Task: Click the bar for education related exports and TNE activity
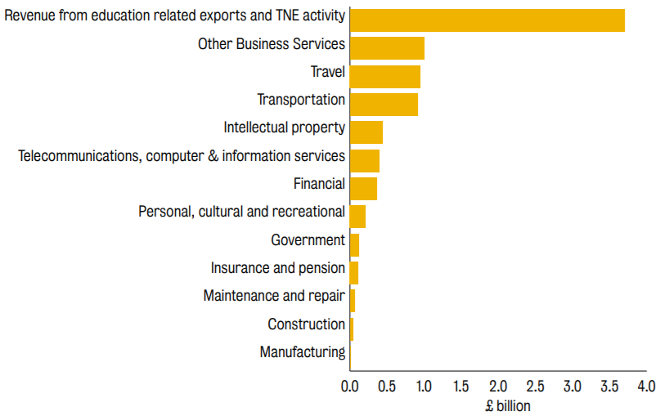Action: (x=487, y=20)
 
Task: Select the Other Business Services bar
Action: (x=387, y=48)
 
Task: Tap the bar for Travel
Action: (x=385, y=77)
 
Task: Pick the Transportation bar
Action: (x=384, y=105)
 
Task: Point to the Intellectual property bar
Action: (x=366, y=132)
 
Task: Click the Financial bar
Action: (x=363, y=189)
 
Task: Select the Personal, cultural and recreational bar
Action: (x=357, y=217)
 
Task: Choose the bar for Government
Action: (x=354, y=245)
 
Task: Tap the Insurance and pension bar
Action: (x=354, y=273)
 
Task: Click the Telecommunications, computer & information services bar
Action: (x=365, y=161)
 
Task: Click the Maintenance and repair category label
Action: (x=274, y=296)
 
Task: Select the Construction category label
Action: (x=307, y=324)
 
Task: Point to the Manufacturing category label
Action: (x=303, y=352)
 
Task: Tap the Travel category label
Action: (x=328, y=72)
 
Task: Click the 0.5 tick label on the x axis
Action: (x=387, y=386)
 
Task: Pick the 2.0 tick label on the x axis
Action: (x=498, y=386)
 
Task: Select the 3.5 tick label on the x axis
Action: (x=609, y=386)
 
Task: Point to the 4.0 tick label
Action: (x=647, y=386)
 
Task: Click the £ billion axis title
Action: (x=508, y=406)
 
